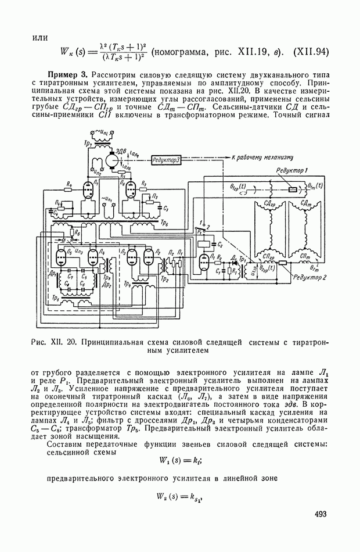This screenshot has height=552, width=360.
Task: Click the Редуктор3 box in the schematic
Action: point(166,159)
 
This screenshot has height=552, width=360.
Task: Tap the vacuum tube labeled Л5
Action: point(62,257)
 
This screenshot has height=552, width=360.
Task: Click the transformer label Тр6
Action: point(165,223)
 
